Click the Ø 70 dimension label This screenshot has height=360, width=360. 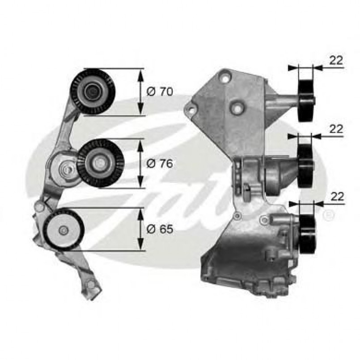160,92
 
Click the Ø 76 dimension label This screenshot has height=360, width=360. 160,163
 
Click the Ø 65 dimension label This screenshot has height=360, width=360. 160,229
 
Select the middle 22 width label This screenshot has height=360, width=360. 336,129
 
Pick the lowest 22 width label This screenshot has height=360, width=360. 336,196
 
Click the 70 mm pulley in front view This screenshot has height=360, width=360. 93,92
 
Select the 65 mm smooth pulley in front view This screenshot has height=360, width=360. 64,230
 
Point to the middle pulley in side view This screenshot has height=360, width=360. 306,165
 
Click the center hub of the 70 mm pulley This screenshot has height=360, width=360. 93,92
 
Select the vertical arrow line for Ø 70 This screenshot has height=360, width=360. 141,92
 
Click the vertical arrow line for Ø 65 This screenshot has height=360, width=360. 141,229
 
